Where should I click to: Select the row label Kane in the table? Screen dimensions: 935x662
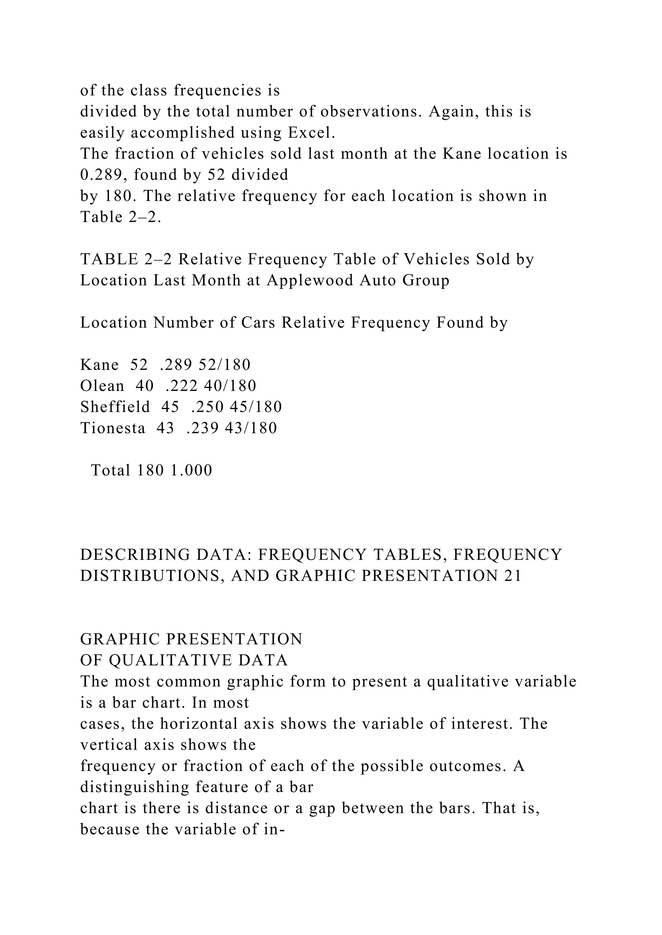pyautogui.click(x=99, y=365)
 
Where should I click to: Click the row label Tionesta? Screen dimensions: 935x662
pyautogui.click(x=112, y=428)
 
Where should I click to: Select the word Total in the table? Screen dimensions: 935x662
pyautogui.click(x=110, y=470)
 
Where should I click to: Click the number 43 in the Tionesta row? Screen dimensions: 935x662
pyautogui.click(x=165, y=428)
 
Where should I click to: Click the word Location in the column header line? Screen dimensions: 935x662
pyautogui.click(x=113, y=323)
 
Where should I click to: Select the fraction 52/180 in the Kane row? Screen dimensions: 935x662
pyautogui.click(x=224, y=365)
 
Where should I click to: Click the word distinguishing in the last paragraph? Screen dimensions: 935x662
pyautogui.click(x=134, y=787)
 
